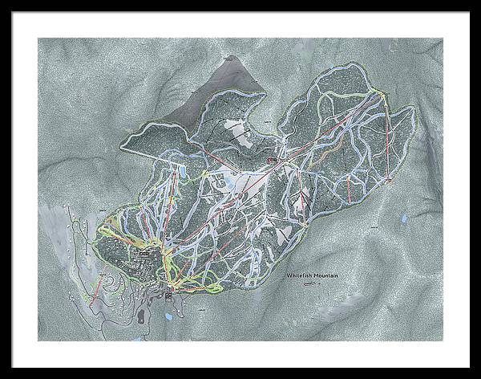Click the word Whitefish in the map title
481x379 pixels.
coord(301,275)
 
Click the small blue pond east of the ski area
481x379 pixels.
coord(404,218)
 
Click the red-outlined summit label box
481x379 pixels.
coord(273,160)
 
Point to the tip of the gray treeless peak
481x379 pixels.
coord(233,57)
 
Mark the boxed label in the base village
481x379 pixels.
coord(145,255)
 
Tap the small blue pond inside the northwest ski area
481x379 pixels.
coord(183,171)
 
